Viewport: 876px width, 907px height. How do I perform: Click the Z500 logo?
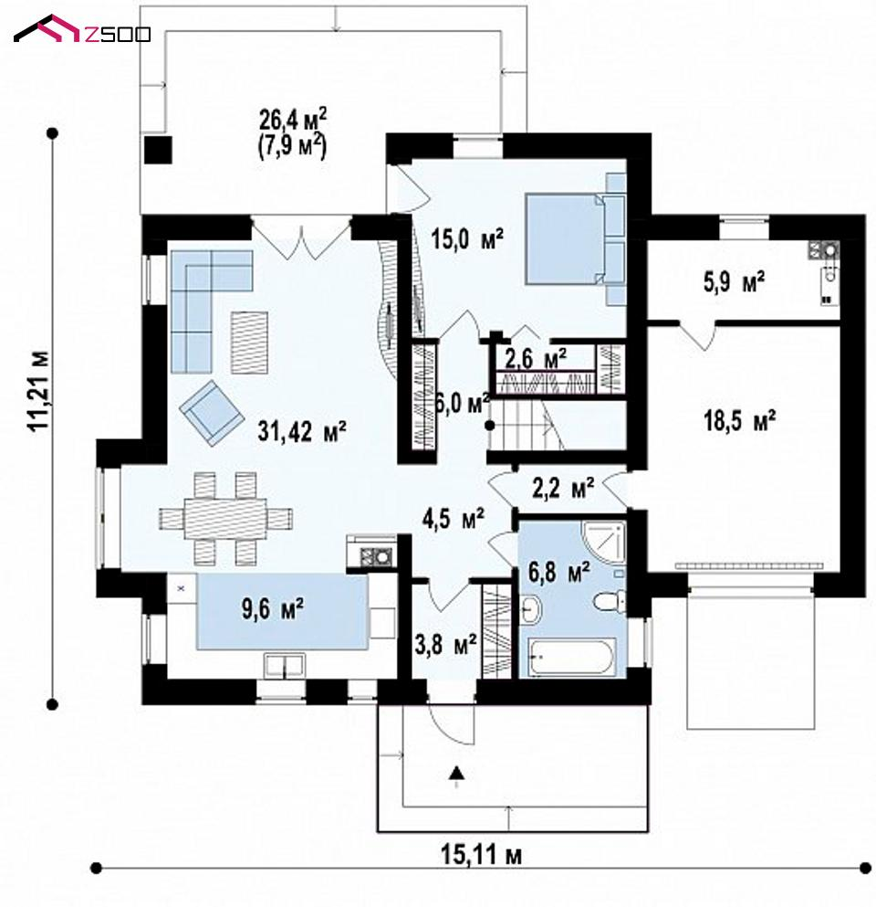point(82,30)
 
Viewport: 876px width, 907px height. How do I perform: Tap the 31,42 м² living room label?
point(302,431)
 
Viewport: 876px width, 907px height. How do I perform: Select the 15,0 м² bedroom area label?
point(467,238)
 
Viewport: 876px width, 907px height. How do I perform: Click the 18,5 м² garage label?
point(740,420)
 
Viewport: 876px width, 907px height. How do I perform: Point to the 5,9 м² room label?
point(735,283)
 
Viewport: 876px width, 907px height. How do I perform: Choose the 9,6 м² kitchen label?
point(273,609)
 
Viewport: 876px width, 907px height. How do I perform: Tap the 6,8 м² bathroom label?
point(558,572)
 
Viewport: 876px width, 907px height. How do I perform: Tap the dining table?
point(225,518)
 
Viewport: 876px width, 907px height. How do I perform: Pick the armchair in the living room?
point(211,413)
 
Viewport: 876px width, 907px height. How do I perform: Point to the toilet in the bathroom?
point(610,602)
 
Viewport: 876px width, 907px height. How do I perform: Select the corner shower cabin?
point(604,542)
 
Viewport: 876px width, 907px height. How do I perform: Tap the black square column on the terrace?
point(158,151)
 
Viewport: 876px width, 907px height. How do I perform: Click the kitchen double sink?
point(285,665)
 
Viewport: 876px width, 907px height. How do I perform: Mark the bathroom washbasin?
point(530,610)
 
